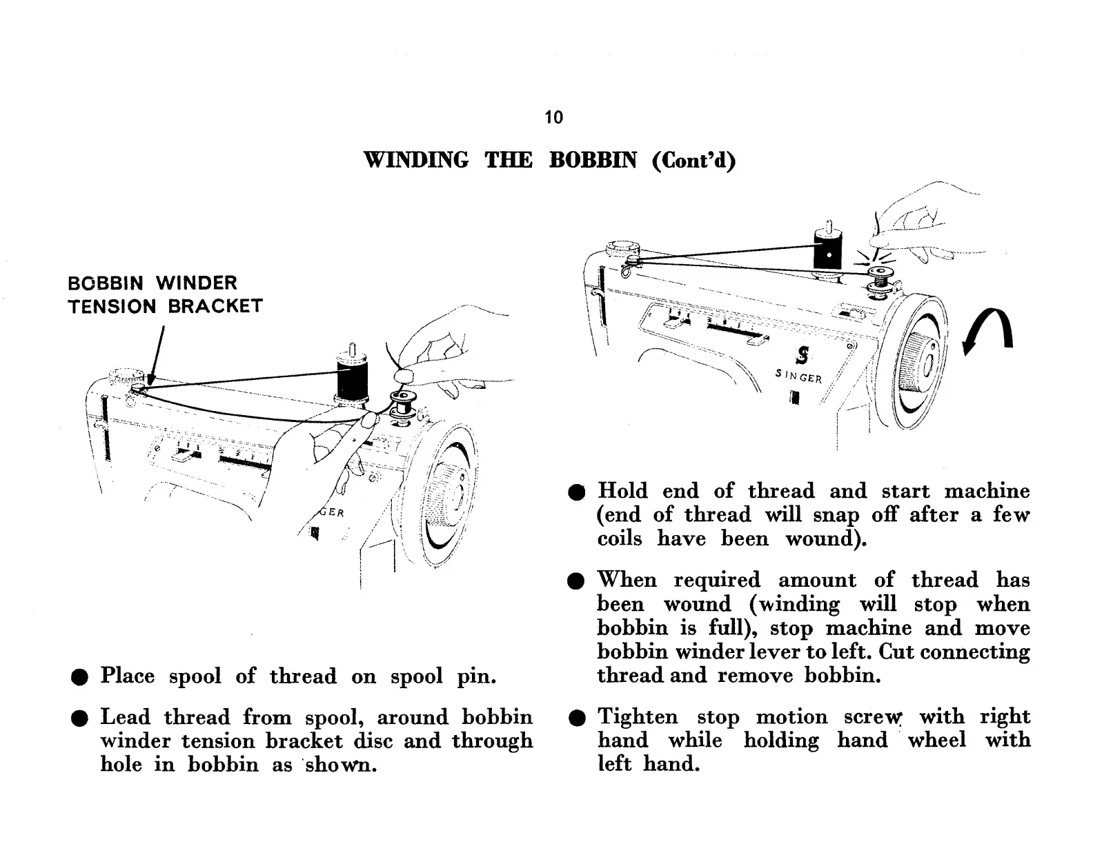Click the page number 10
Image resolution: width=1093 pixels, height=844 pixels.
pos(553,117)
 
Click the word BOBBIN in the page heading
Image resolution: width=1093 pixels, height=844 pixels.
pos(593,160)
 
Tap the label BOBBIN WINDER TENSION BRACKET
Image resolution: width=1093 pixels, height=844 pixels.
pos(165,294)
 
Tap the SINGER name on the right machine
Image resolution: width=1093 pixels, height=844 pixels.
pos(798,376)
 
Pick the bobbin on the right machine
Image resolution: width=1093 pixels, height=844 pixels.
pos(880,279)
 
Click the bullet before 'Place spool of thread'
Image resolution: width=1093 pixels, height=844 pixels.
pos(80,677)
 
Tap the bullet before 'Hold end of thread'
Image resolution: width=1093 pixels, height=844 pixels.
pos(577,492)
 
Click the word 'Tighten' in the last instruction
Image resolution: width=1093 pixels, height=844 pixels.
pos(638,717)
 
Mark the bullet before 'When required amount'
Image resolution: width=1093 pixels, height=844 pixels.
pos(577,581)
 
